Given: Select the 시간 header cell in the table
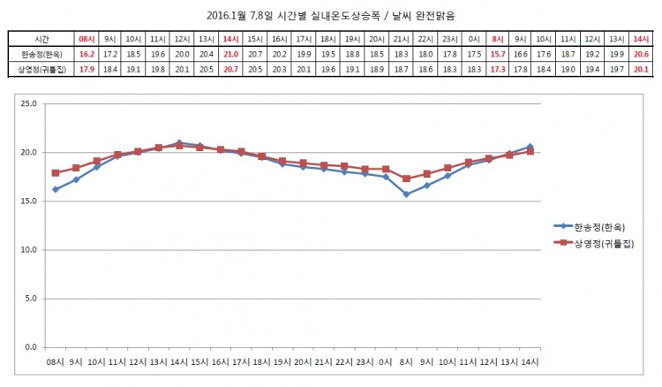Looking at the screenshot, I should pyautogui.click(x=41, y=40).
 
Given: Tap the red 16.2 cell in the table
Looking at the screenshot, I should pyautogui.click(x=87, y=54).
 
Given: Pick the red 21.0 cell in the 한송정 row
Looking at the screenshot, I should pyautogui.click(x=229, y=54).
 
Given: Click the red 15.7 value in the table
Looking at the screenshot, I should pyautogui.click(x=497, y=54).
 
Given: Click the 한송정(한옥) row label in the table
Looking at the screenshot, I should pyautogui.click(x=41, y=54).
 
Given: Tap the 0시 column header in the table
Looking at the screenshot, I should pyautogui.click(x=473, y=40).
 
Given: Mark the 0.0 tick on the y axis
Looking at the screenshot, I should pyautogui.click(x=29, y=347).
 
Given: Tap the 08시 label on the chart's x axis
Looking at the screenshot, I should pyautogui.click(x=55, y=362).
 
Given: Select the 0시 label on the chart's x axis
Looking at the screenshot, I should pyautogui.click(x=386, y=362).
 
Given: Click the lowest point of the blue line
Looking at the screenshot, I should pyautogui.click(x=406, y=194).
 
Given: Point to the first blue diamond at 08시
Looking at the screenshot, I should pyautogui.click(x=55, y=189).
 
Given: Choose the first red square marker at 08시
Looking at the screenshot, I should pyautogui.click(x=55, y=173).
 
